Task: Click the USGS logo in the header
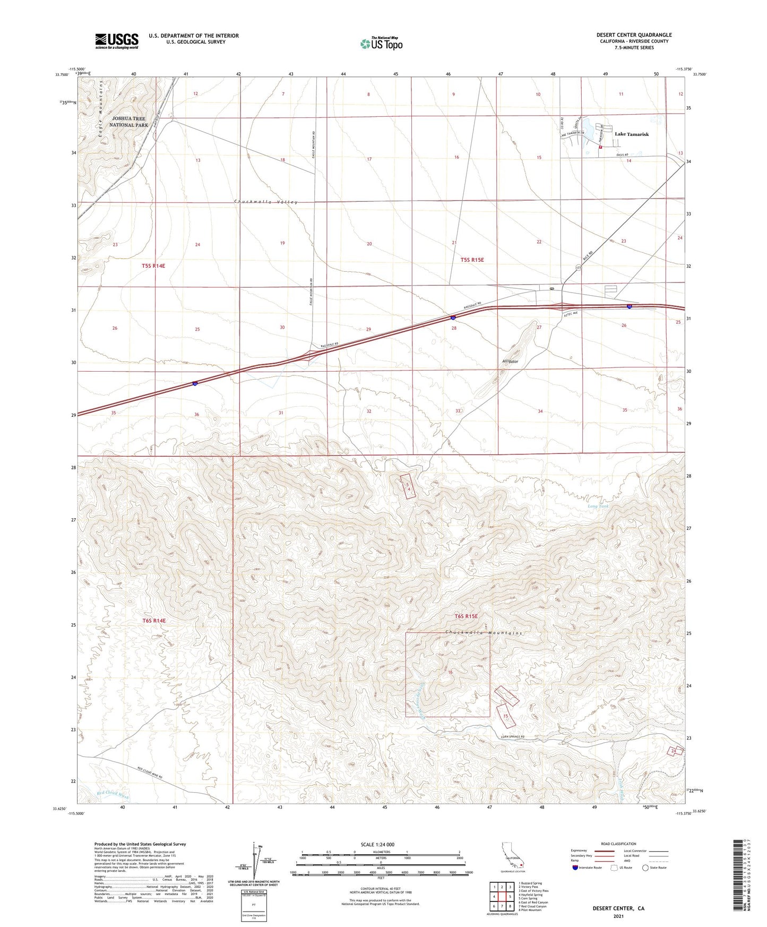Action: coord(117,41)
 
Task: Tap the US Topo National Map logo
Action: coord(381,43)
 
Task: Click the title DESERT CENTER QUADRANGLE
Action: coord(634,35)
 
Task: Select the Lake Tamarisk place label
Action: coord(632,134)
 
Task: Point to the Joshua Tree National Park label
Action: coord(128,122)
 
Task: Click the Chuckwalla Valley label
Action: coord(266,202)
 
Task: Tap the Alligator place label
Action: coord(510,361)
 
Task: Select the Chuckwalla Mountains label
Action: coord(484,633)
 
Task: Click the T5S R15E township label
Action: coord(472,260)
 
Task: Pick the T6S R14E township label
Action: coord(154,620)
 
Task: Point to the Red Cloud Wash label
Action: coord(113,795)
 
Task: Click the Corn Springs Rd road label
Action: coord(512,737)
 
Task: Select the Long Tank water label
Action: coord(598,506)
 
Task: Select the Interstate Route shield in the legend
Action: coord(575,868)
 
